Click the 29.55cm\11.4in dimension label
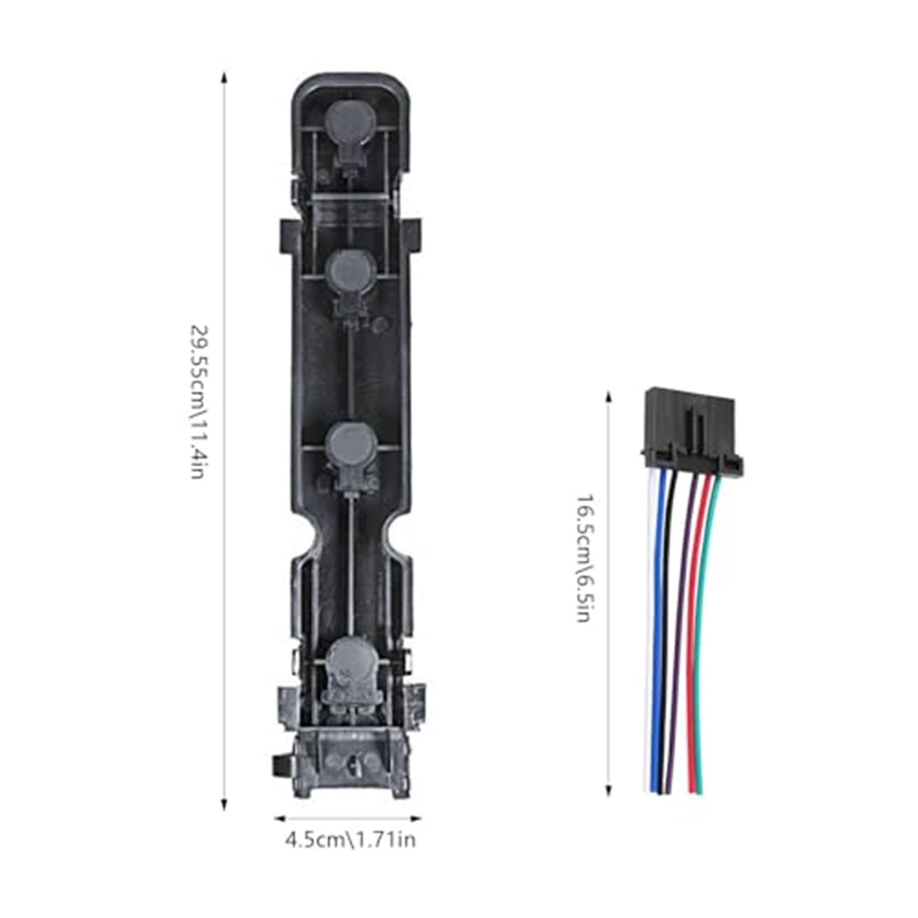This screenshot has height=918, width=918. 197,402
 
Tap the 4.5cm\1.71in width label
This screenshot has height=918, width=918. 350,841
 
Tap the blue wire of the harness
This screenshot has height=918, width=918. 658,631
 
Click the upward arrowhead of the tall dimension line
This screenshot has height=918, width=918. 224,77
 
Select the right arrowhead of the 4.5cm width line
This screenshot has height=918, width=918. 418,819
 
